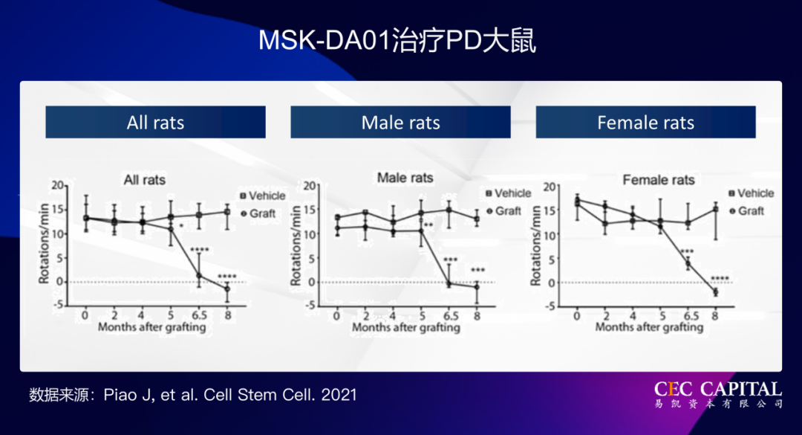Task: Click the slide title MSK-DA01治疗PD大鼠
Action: pos(397,41)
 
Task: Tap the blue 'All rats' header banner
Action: pos(155,123)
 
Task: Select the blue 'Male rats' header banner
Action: pos(400,123)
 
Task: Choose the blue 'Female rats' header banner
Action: pos(645,123)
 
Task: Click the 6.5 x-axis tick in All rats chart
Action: pos(199,315)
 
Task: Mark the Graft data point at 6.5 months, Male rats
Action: pos(449,283)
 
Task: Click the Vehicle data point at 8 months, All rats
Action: pos(227,212)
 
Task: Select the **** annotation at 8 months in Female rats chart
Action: pos(720,280)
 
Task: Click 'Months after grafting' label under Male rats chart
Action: pos(406,327)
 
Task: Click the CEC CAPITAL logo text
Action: pos(717,389)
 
